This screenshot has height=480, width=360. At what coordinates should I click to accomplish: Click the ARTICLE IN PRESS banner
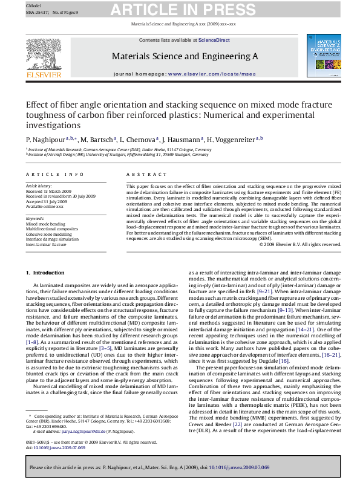pos(179,10)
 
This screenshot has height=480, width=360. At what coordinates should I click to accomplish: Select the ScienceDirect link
pos(214,40)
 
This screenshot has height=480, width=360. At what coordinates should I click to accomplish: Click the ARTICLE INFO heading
pos(55,174)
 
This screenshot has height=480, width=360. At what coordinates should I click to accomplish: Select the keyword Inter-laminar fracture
pos(46,245)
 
